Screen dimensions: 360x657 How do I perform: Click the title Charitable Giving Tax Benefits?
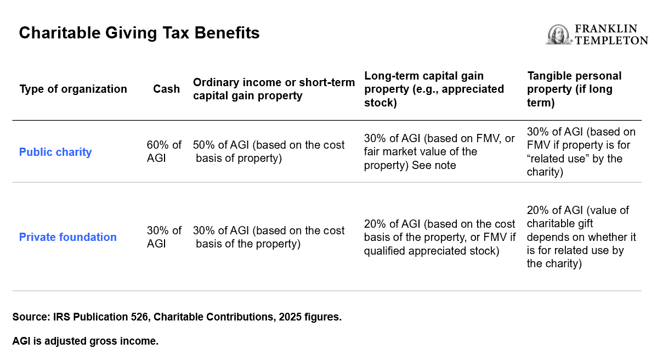tap(139, 33)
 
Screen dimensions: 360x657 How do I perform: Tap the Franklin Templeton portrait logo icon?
tap(558, 35)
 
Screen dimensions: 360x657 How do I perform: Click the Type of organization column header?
tap(73, 89)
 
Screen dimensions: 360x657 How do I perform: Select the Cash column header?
tap(166, 89)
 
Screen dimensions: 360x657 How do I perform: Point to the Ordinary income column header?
tap(274, 89)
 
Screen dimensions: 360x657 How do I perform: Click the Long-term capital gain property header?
tap(434, 89)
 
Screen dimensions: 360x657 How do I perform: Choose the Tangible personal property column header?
tap(574, 89)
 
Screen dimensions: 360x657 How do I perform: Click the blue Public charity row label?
tap(55, 152)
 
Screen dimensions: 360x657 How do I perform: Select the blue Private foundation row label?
tap(68, 237)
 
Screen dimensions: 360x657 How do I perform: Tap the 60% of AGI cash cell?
tap(164, 151)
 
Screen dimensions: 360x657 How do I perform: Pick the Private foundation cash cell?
tap(164, 237)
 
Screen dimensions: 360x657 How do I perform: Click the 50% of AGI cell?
tap(269, 151)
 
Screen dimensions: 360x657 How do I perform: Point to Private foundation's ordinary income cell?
tap(269, 237)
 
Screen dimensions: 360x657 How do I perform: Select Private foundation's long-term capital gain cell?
tap(439, 237)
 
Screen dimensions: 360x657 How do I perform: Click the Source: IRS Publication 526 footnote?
tap(177, 317)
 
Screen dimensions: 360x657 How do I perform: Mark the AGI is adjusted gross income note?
tap(85, 341)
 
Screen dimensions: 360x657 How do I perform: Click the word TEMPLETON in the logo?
tap(610, 40)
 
